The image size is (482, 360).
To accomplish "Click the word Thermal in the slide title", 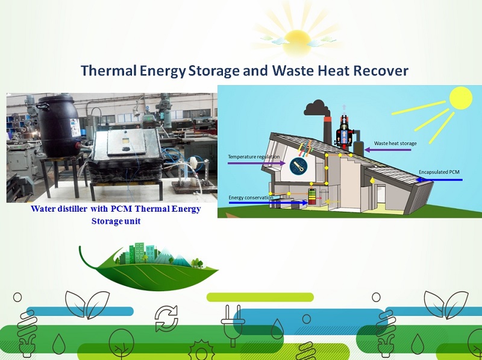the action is pyautogui.click(x=108, y=71).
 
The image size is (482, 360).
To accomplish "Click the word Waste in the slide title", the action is pyautogui.click(x=292, y=71).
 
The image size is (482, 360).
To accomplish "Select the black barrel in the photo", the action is pyautogui.click(x=59, y=125).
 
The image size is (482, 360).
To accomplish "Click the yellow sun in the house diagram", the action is pyautogui.click(x=460, y=98).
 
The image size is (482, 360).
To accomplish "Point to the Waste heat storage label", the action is pyautogui.click(x=395, y=144).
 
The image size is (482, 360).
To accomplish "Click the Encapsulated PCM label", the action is pyautogui.click(x=439, y=172).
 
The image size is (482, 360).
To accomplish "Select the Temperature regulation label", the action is pyautogui.click(x=254, y=157).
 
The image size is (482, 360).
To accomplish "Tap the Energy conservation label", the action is pyautogui.click(x=251, y=198).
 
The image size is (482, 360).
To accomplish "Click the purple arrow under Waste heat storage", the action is pyautogui.click(x=387, y=150).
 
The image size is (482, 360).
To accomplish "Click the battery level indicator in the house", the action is pyautogui.click(x=311, y=197).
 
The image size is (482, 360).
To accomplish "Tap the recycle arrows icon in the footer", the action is pyautogui.click(x=166, y=318).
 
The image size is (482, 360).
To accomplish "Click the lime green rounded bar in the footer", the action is pyautogui.click(x=260, y=297).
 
